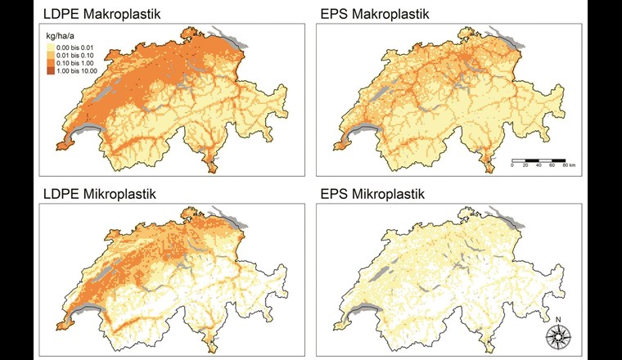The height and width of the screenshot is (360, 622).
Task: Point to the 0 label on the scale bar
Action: point(512,165)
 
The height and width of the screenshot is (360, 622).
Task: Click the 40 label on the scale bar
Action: point(539,165)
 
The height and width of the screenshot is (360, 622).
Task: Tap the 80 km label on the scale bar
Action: point(569,165)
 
